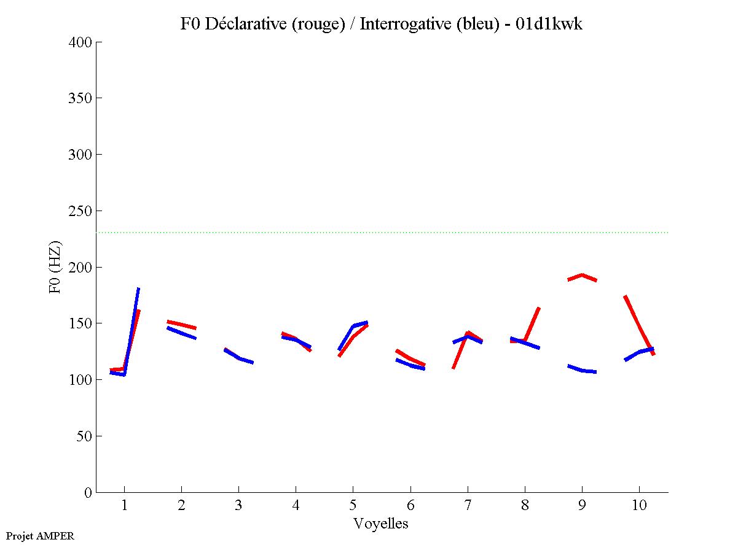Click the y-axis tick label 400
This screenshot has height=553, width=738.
click(x=80, y=42)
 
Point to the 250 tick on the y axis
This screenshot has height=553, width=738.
click(x=80, y=211)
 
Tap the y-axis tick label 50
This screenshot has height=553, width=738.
click(x=84, y=436)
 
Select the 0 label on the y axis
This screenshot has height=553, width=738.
click(x=87, y=493)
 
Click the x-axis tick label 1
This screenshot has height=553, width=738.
click(x=124, y=506)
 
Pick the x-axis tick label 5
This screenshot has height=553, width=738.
click(x=353, y=506)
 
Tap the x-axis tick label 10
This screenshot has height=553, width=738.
click(x=639, y=506)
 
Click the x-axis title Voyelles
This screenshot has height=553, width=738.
click(x=380, y=524)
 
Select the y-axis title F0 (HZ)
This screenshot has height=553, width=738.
click(x=55, y=267)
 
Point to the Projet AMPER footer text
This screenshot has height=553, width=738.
click(x=39, y=536)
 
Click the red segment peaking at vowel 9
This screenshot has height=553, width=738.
click(x=582, y=275)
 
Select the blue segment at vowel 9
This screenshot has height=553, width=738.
click(x=582, y=370)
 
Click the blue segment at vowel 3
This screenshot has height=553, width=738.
click(x=240, y=358)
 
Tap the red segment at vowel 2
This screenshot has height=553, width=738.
click(x=182, y=324)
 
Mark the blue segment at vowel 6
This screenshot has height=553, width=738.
click(x=410, y=365)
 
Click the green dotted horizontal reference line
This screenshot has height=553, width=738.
click(x=381, y=233)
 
